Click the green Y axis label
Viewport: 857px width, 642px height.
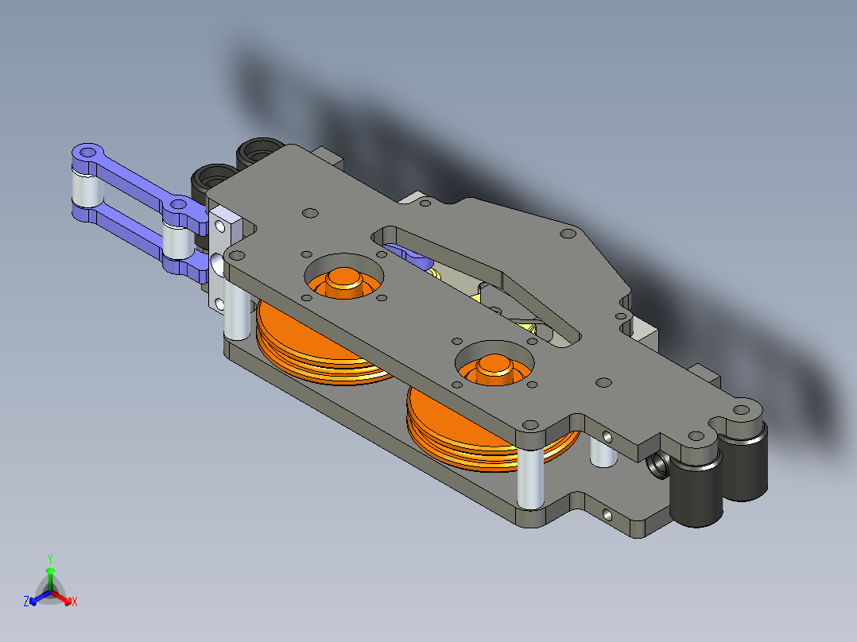(x=50, y=559)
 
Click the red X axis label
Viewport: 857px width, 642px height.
(x=75, y=601)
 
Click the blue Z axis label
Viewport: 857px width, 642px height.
(x=26, y=601)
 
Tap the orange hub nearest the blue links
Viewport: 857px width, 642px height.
(x=343, y=280)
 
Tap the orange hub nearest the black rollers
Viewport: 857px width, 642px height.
(x=494, y=368)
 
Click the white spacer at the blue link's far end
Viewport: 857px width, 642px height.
(x=87, y=188)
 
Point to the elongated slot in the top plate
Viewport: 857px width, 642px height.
(x=475, y=284)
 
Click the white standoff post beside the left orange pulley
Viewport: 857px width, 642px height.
(x=238, y=311)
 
